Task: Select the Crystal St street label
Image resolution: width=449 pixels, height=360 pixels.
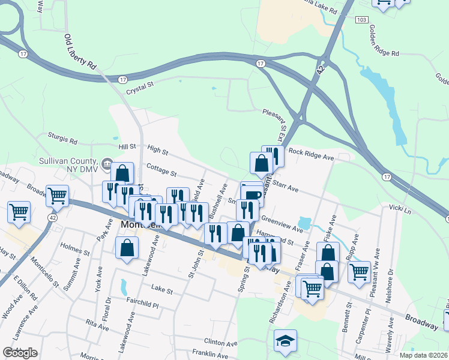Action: pyautogui.click(x=140, y=88)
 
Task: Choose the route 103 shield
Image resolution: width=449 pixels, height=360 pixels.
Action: pyautogui.click(x=361, y=20)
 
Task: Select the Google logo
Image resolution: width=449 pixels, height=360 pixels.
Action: pyautogui.click(x=20, y=353)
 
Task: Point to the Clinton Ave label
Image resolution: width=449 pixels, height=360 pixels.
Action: pyautogui.click(x=221, y=343)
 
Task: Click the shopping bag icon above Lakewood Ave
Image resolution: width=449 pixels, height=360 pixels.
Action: pyautogui.click(x=127, y=248)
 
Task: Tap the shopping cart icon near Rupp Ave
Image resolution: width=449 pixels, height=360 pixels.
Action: pyautogui.click(x=360, y=271)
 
